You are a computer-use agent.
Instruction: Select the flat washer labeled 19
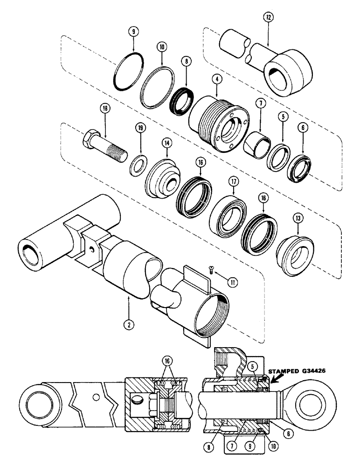point(138,165)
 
